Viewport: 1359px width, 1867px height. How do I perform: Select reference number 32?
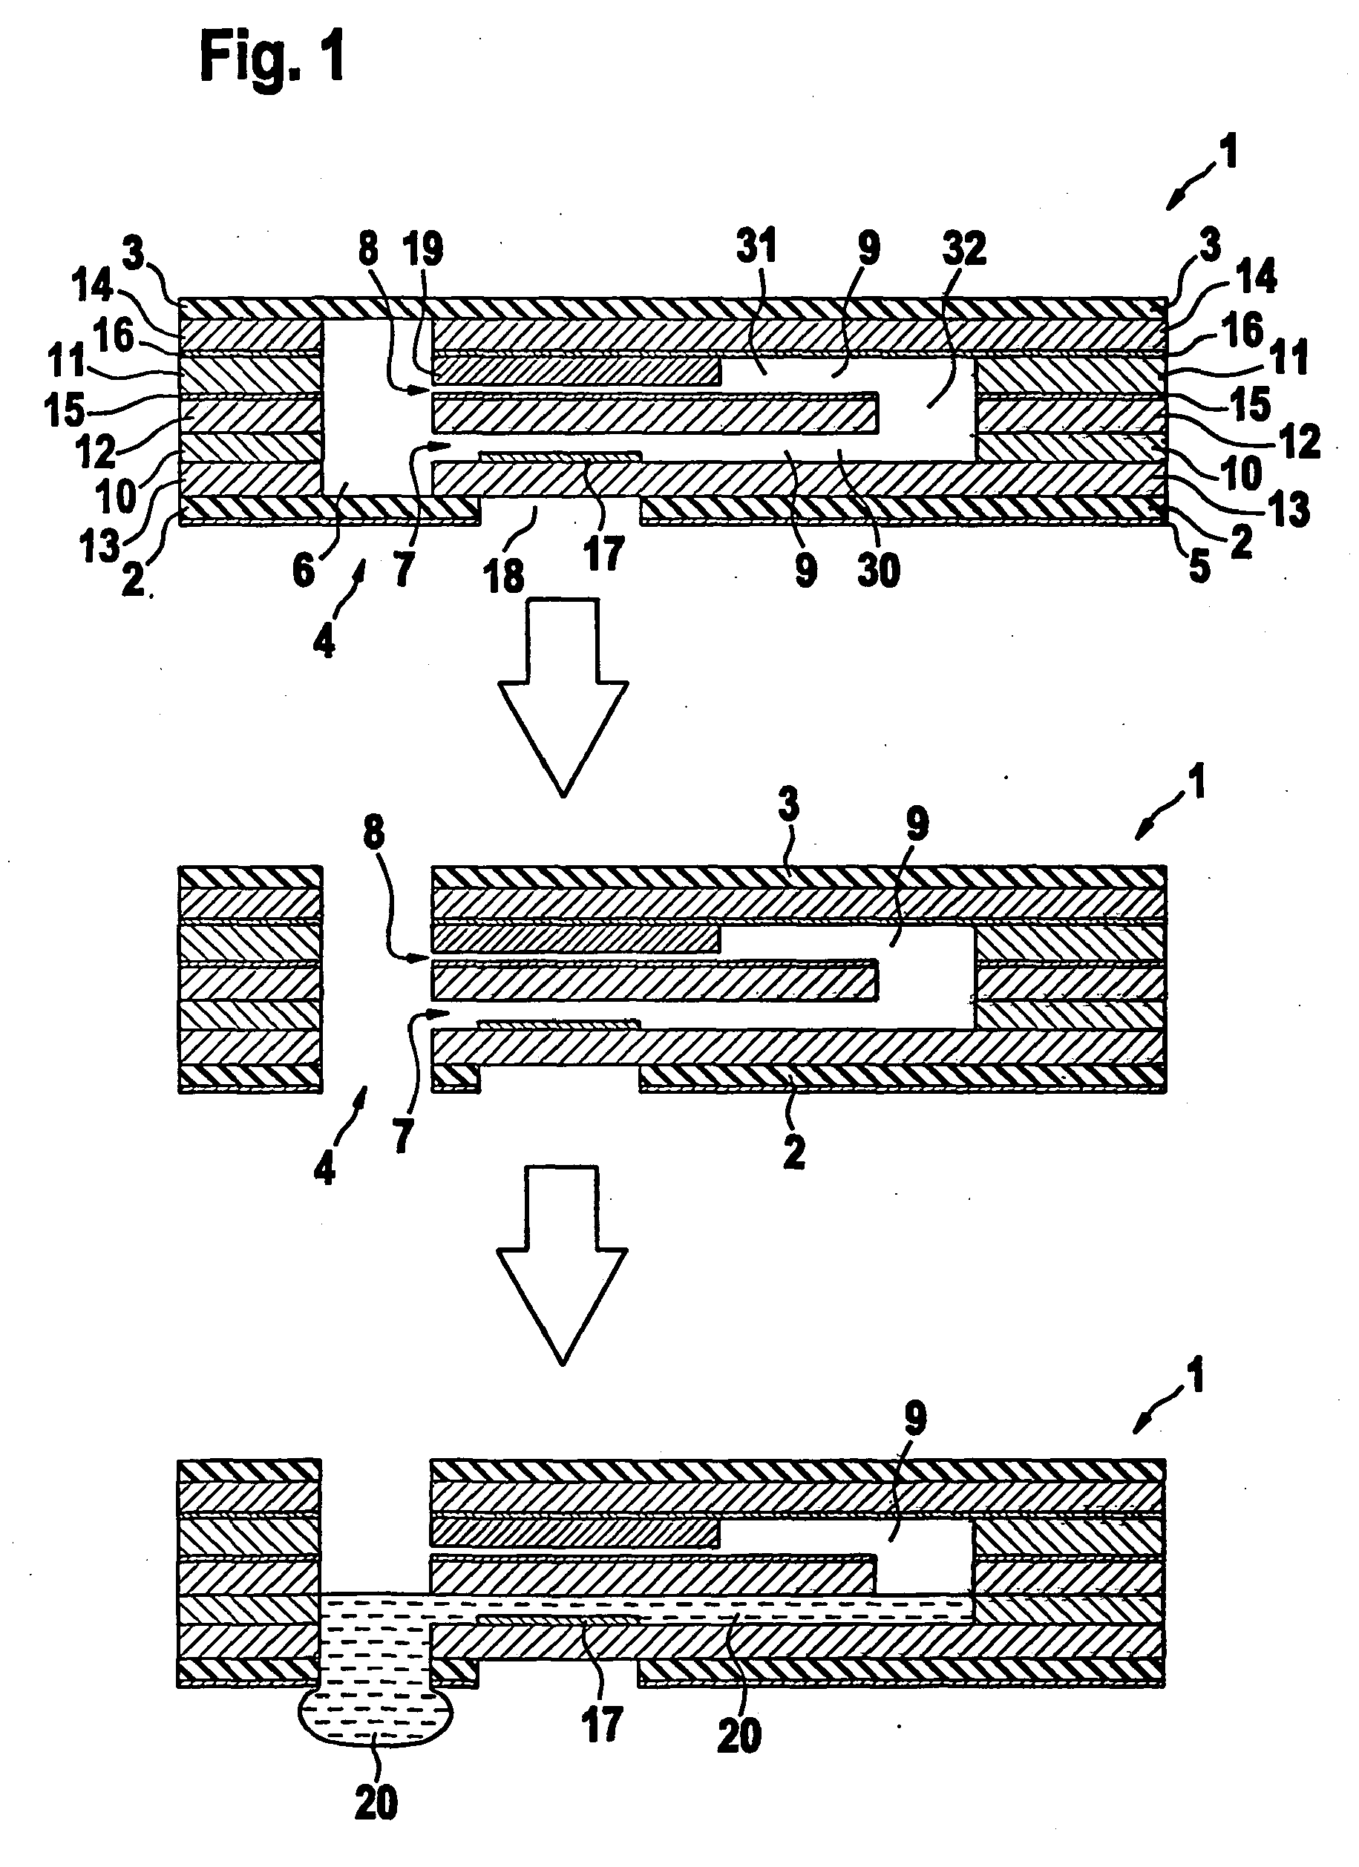pos(964,248)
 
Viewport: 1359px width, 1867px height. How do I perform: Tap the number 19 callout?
pos(425,248)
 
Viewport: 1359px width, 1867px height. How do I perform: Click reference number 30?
pos(878,569)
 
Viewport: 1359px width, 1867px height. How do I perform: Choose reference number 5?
pos(1199,567)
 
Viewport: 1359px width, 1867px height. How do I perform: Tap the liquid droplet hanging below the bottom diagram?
pos(376,1718)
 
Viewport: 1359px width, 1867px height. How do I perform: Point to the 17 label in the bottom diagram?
pos(602,1723)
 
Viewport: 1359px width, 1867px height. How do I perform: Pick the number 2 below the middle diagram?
pos(793,1152)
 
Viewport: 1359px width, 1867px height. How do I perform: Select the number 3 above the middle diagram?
pos(788,804)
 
